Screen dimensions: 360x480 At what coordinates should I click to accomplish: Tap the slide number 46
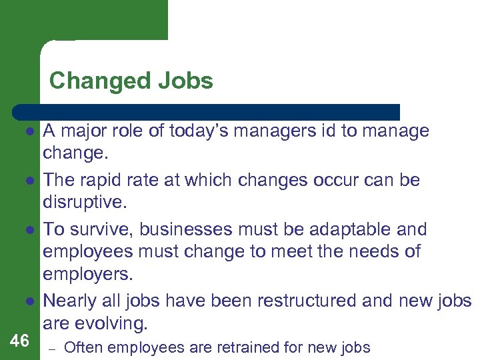pos(20,341)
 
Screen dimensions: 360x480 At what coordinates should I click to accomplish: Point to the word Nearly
pos(71,300)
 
